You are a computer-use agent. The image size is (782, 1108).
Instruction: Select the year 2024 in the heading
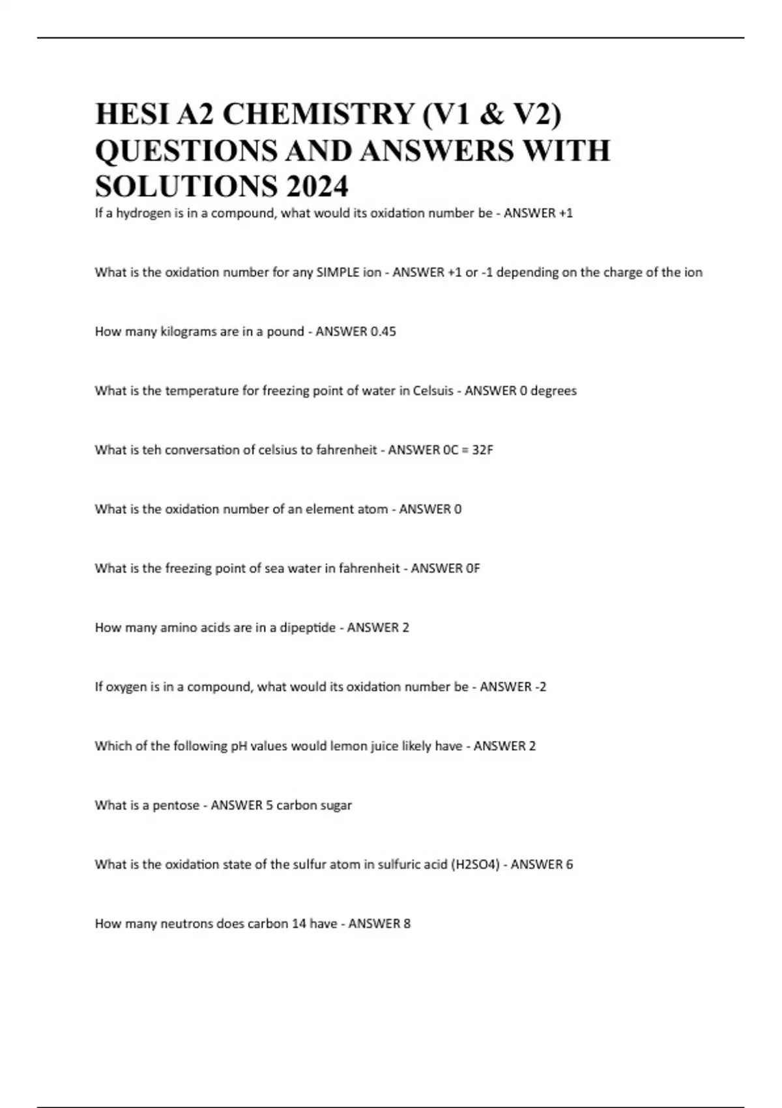(316, 187)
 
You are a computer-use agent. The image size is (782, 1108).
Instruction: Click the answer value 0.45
(383, 331)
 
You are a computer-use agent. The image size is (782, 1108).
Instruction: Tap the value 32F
(482, 450)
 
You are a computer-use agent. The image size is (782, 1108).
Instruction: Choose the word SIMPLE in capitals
(338, 272)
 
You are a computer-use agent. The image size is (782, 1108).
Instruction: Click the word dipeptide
(308, 628)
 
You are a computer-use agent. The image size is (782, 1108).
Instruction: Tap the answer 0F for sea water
(473, 568)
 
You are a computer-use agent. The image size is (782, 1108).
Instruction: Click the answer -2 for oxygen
(540, 686)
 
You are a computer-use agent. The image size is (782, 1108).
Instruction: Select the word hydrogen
(143, 213)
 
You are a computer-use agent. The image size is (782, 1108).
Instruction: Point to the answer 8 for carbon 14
(407, 924)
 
